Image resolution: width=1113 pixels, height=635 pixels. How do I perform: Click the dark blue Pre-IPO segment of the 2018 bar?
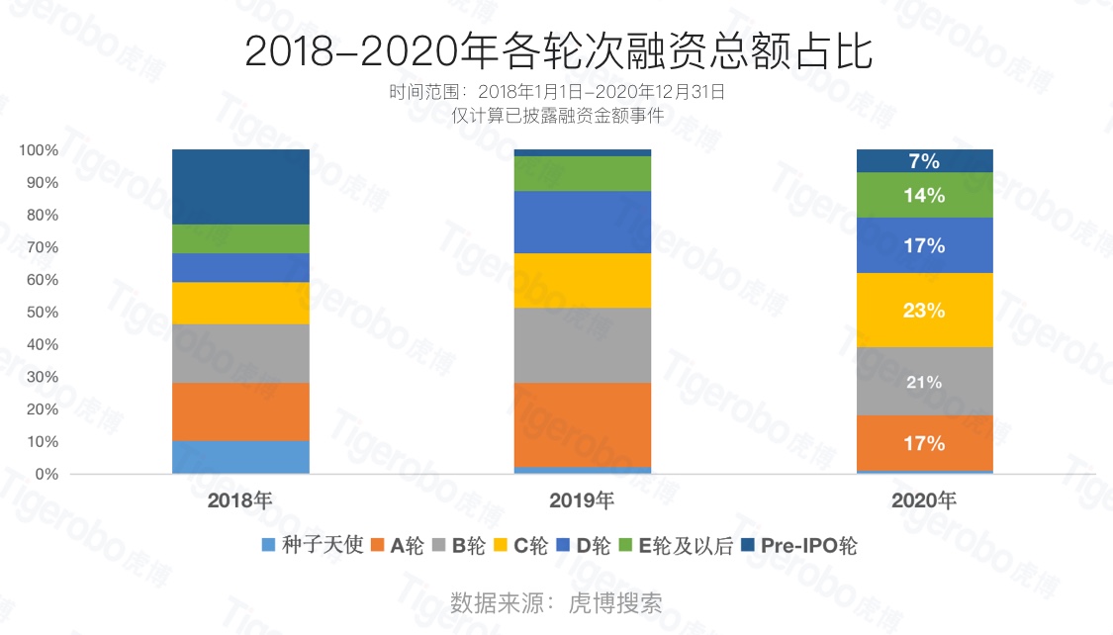coord(240,187)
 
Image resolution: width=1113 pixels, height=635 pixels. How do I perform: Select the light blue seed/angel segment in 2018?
coord(240,457)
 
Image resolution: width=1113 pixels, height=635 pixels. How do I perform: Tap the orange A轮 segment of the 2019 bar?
coord(583,424)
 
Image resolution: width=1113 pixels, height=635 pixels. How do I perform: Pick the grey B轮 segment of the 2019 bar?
coord(583,345)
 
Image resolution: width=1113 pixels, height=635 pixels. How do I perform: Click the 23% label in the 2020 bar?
coord(924,311)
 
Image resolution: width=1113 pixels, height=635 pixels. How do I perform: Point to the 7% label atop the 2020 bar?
coord(924,161)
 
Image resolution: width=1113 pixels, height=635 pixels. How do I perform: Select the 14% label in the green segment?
coord(924,196)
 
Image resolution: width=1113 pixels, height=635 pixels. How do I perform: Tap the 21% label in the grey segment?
coord(924,382)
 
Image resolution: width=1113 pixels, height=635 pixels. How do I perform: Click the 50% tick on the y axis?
coord(40,312)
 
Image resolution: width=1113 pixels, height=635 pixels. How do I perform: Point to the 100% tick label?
coord(38,150)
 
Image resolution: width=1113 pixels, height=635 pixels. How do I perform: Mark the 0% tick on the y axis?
coord(46,474)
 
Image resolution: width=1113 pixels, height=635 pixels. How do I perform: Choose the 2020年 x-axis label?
coord(924,500)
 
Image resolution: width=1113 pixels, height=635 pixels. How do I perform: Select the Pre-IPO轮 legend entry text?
coord(808,545)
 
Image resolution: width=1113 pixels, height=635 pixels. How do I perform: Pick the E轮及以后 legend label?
coord(686,545)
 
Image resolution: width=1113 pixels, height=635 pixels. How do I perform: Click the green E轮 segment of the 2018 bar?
coord(240,238)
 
